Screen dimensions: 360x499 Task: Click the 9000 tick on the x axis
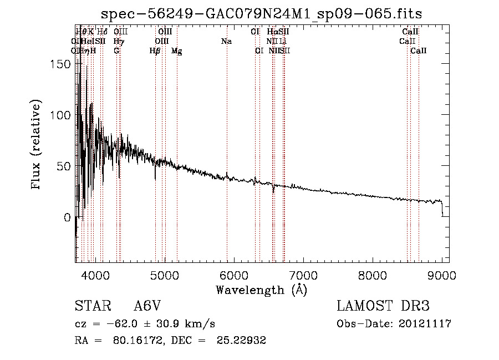click(x=442, y=275)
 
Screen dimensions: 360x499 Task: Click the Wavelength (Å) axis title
click(x=261, y=290)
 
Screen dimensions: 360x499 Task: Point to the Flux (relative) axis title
click(x=37, y=145)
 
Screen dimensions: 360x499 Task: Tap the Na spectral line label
click(x=226, y=42)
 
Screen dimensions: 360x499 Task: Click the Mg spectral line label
click(x=177, y=51)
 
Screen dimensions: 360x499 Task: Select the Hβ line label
click(x=155, y=51)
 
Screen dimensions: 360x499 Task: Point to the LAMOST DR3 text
click(x=383, y=307)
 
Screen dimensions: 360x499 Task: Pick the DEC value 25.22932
click(x=243, y=341)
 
